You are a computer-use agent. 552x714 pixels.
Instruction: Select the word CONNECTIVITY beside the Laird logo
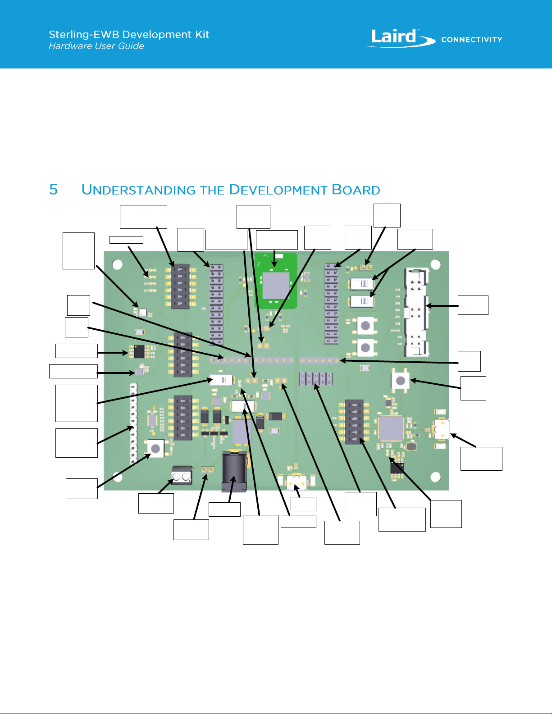pos(471,40)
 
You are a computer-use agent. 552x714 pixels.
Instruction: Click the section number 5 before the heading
pos(54,190)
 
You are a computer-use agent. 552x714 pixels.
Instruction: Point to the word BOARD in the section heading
pos(356,190)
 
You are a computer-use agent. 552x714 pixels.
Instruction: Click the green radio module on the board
pos(276,280)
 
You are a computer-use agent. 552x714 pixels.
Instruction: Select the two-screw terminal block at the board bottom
pos(182,476)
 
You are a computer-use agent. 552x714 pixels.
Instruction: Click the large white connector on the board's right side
pos(416,312)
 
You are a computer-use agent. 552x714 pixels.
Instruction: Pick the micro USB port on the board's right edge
pos(442,429)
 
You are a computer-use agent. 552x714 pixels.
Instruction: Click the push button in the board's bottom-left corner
pos(155,448)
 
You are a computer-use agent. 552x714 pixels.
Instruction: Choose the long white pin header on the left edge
pos(133,423)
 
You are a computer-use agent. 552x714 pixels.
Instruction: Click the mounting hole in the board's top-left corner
pos(117,264)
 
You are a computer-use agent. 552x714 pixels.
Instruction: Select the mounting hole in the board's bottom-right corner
pos(435,477)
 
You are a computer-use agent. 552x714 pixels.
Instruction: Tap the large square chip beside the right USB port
pos(391,428)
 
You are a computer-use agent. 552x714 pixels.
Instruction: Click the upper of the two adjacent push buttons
pos(365,325)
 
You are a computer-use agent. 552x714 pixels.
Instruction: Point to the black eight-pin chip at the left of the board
pos(139,350)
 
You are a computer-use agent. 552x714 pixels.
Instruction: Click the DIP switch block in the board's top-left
pos(180,287)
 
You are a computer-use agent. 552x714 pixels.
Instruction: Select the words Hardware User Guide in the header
pos(96,46)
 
